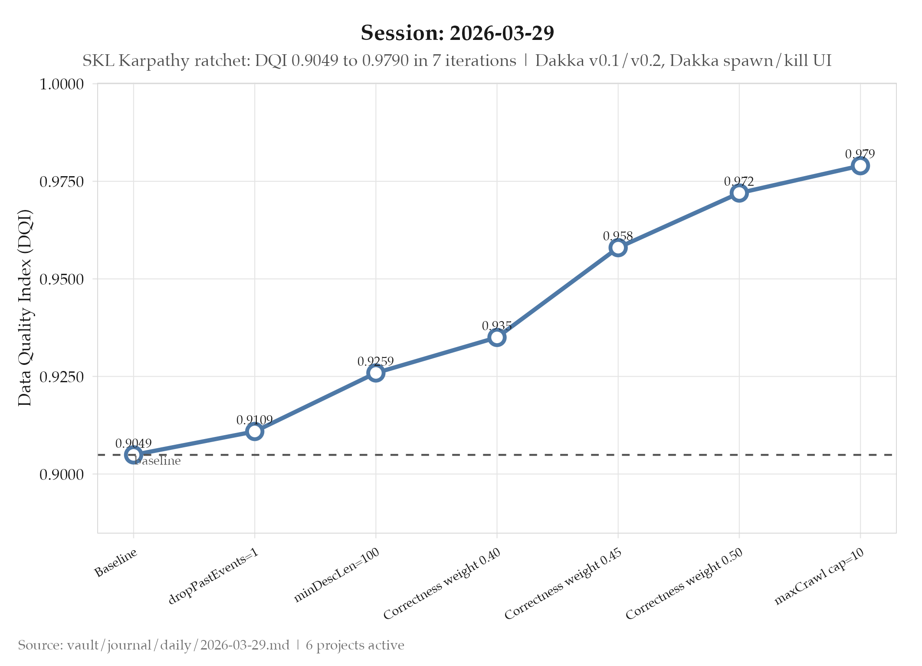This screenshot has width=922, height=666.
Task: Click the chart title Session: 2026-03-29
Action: tap(457, 33)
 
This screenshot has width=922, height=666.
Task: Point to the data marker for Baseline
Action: tap(133, 455)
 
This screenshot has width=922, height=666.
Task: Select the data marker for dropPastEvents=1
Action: tap(255, 431)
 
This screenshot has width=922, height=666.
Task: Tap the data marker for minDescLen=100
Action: tap(376, 373)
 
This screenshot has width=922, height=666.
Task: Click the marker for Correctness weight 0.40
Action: tap(497, 338)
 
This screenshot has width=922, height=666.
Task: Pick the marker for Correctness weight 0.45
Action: tap(618, 248)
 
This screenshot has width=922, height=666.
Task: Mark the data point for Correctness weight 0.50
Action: tap(739, 193)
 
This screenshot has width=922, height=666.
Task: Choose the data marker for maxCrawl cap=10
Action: tap(860, 166)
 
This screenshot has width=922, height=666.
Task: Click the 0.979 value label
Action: tap(860, 154)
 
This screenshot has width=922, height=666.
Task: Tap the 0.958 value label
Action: tap(618, 236)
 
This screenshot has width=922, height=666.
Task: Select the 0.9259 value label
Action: tap(376, 361)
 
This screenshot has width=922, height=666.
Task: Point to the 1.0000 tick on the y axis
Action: tap(62, 84)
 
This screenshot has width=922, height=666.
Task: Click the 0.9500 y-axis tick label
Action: tap(62, 279)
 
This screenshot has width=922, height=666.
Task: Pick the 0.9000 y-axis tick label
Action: tap(62, 474)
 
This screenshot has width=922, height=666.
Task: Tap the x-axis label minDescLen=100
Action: tap(337, 575)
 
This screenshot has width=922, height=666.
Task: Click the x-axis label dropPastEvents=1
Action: tap(214, 576)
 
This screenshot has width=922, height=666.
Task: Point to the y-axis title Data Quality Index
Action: tap(25, 308)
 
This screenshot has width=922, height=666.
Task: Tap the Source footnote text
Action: tap(211, 645)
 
